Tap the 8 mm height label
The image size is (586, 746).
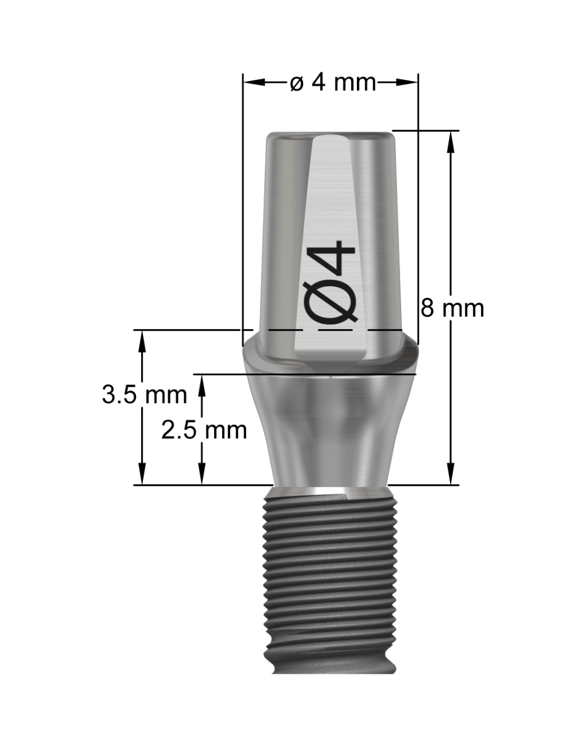coord(452,308)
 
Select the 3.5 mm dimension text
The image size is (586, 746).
coord(144,395)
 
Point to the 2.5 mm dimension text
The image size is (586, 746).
coord(203,431)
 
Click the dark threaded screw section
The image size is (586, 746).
coord(329,559)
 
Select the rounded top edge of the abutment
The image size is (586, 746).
coord(331,135)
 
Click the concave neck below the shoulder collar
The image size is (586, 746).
coord(329,431)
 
